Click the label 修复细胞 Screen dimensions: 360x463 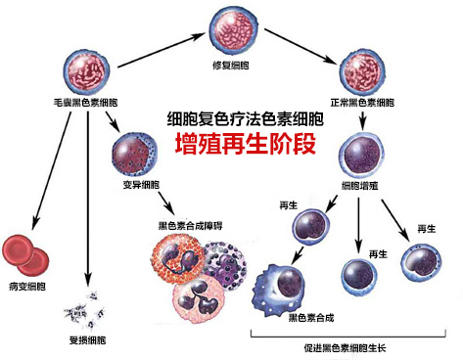[233, 65]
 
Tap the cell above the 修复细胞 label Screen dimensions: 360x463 [233, 30]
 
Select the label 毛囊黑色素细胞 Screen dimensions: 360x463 [86, 102]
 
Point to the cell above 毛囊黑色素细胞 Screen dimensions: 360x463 [89, 66]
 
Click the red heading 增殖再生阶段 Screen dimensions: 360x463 [231, 144]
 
